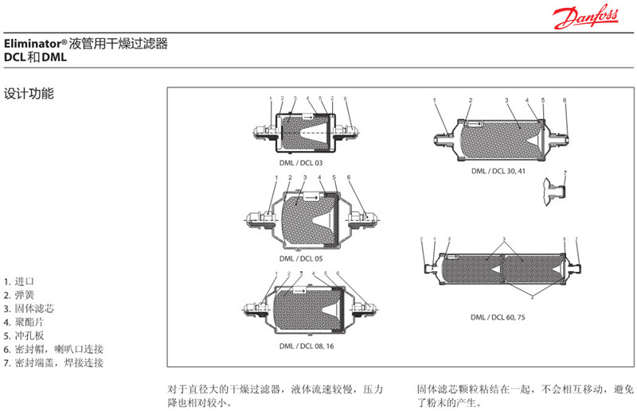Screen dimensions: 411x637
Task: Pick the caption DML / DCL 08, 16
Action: click(x=307, y=346)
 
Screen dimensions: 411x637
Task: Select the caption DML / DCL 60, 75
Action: click(x=498, y=316)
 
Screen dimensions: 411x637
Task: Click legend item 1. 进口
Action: click(x=19, y=281)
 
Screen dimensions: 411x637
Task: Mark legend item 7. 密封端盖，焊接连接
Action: click(x=53, y=363)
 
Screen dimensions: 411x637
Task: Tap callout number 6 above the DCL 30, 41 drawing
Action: click(x=565, y=100)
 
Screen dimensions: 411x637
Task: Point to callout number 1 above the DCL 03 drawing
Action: click(x=271, y=99)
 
